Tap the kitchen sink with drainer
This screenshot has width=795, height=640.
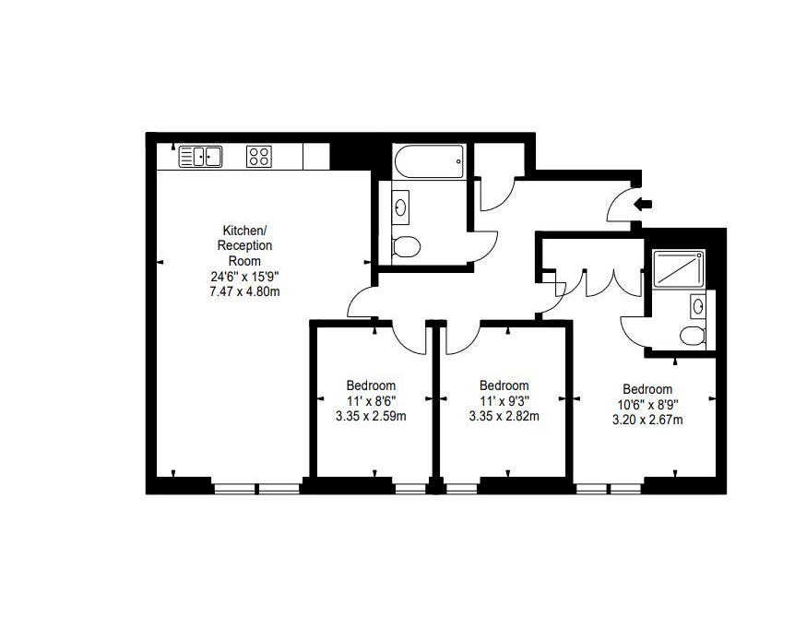[x=201, y=157]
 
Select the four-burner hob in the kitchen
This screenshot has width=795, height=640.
[x=259, y=157]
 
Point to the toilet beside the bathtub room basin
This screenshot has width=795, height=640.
[x=405, y=246]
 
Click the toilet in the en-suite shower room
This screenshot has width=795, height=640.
[x=693, y=333]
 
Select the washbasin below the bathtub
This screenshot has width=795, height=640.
[x=402, y=207]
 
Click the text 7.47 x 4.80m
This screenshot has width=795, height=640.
[x=244, y=291]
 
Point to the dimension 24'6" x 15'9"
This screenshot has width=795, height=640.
[x=244, y=277]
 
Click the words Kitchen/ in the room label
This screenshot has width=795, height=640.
[x=244, y=230]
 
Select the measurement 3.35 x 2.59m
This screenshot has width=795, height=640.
[x=372, y=416]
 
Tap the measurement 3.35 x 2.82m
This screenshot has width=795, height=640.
[x=504, y=416]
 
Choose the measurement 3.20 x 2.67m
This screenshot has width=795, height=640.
[x=647, y=420]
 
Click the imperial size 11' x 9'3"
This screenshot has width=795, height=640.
[x=504, y=401]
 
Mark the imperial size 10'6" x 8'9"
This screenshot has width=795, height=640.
[x=647, y=405]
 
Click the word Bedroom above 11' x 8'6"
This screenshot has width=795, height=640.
[x=372, y=385]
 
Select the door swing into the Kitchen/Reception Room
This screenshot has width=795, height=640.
[x=361, y=301]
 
